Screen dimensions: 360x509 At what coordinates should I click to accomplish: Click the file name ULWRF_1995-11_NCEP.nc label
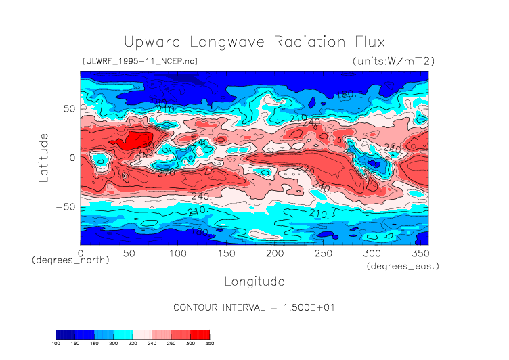pos(139,61)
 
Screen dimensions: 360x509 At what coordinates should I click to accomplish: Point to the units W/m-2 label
pos(393,61)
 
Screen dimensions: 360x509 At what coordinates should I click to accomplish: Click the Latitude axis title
pos(44,158)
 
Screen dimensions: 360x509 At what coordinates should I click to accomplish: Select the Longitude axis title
pos(254,281)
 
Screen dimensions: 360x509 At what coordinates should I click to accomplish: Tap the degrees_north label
pos(70,260)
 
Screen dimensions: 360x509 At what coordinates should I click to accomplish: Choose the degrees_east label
pos(403,267)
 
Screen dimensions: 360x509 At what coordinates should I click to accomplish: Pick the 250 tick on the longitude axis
pos(322,253)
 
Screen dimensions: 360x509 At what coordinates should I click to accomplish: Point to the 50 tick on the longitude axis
pos(129,253)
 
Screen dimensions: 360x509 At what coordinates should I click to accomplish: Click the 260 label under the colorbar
pos(171,344)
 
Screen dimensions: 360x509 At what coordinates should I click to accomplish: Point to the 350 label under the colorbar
pos(210,344)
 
